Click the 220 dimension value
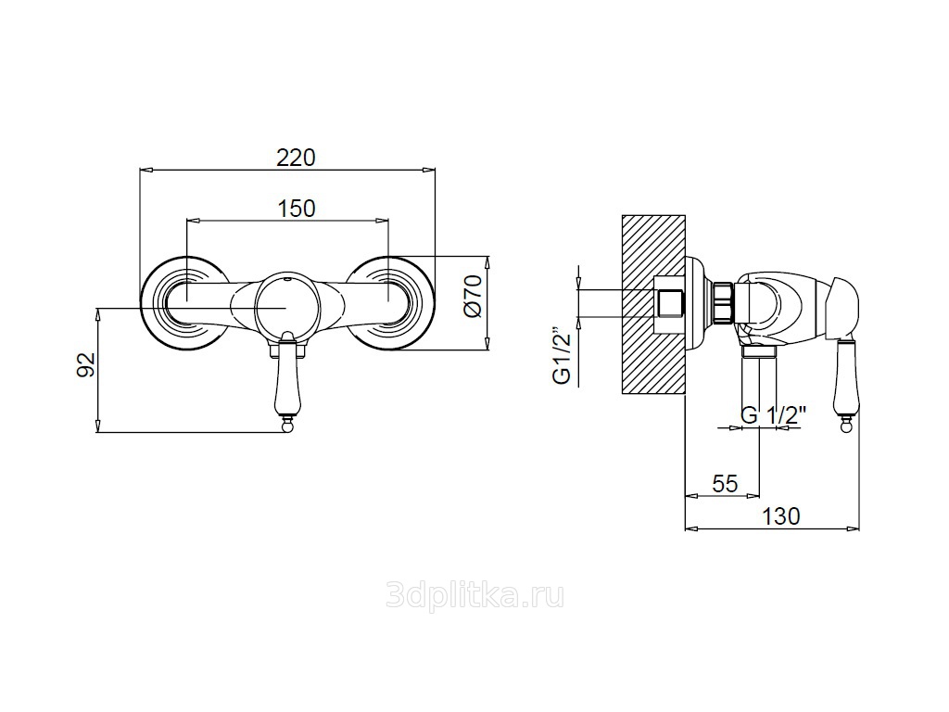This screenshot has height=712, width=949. [296, 158]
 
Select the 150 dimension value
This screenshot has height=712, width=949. [296, 209]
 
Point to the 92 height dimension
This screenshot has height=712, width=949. [86, 365]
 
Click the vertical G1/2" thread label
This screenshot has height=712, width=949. [563, 357]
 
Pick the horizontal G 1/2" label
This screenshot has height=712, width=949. [774, 415]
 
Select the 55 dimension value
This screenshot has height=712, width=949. [725, 484]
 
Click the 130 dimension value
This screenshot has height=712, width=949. [780, 515]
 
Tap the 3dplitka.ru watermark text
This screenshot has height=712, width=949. [474, 596]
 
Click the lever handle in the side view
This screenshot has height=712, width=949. [845, 381]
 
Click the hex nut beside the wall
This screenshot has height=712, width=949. [724, 303]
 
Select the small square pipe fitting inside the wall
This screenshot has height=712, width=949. [670, 303]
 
